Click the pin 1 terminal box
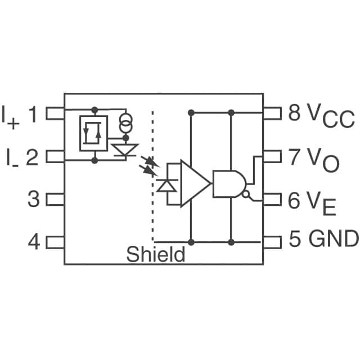55,114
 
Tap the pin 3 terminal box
55,199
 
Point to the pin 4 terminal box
55,242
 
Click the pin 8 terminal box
272,114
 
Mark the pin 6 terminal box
272,199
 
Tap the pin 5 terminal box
272,242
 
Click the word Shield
155,255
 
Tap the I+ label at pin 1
11,115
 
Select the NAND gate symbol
228,183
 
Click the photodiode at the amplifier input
167,185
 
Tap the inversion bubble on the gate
246,194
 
